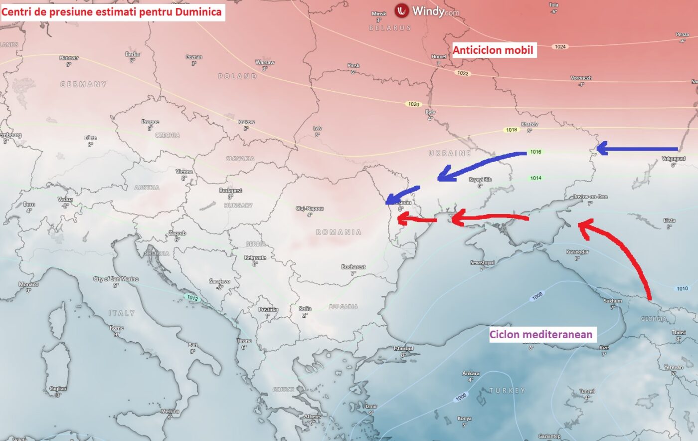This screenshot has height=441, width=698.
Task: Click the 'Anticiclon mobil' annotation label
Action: click(x=493, y=50)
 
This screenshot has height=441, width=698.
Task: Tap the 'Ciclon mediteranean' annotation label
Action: click(x=541, y=334)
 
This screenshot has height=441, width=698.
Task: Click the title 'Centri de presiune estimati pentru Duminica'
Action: click(x=112, y=11)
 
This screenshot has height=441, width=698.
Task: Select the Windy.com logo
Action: click(x=427, y=11)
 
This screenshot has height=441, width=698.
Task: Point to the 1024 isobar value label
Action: click(x=560, y=46)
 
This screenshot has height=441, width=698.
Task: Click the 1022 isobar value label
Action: click(x=463, y=73)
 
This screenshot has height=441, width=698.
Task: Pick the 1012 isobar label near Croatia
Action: click(x=192, y=298)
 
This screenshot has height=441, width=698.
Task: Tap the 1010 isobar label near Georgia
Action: click(x=682, y=288)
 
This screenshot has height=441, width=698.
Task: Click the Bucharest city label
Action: click(x=353, y=267)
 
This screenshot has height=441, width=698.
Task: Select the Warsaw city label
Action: click(x=265, y=62)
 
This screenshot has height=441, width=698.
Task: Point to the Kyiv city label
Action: click(x=430, y=112)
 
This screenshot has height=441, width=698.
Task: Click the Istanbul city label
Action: click(x=403, y=348)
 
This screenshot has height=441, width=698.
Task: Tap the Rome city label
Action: click(x=117, y=328)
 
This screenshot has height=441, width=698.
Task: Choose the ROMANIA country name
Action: click(x=339, y=232)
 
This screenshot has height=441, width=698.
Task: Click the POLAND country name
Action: click(x=237, y=76)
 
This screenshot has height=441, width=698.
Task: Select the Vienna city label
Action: click(x=184, y=172)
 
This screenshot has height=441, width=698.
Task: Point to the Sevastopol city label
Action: click(x=482, y=262)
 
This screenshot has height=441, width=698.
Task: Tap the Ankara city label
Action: click(x=471, y=373)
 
